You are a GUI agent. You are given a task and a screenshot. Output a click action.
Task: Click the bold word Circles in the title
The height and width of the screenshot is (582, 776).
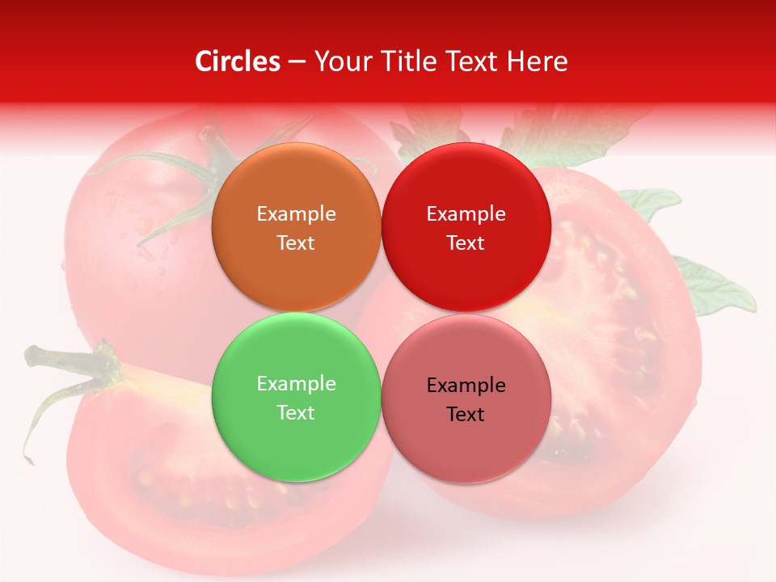click(x=238, y=61)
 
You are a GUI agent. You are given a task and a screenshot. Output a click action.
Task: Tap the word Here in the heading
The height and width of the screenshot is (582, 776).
click(x=538, y=61)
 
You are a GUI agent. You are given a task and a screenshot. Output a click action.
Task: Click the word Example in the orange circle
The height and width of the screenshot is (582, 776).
click(x=296, y=214)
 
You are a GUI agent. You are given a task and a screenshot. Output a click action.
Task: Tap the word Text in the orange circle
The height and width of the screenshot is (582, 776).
click(x=296, y=243)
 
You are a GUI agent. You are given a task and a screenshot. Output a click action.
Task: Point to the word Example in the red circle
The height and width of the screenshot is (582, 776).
click(x=466, y=214)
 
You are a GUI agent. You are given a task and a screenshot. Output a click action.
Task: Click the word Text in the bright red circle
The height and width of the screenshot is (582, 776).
click(x=466, y=243)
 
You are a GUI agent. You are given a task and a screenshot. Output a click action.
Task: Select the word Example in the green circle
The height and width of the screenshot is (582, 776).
click(x=296, y=384)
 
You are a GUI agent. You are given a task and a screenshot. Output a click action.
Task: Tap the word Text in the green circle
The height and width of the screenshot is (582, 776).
click(x=296, y=413)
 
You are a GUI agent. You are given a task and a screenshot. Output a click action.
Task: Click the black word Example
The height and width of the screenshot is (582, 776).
click(x=466, y=386)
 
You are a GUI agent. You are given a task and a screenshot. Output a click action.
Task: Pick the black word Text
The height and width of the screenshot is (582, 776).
click(x=466, y=415)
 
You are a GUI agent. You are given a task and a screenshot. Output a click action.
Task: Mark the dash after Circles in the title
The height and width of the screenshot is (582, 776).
click(x=296, y=62)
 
